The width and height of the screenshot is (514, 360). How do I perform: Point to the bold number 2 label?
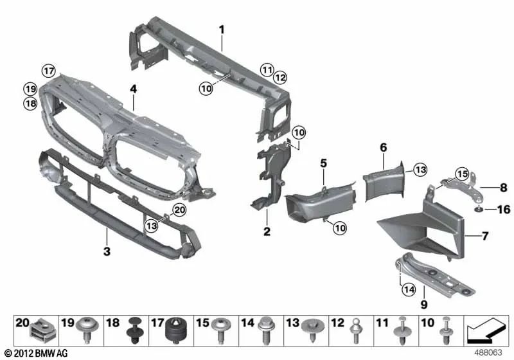(x=265, y=230)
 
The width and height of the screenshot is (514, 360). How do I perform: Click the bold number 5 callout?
(x=324, y=163)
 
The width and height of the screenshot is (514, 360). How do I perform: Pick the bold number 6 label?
(x=383, y=147)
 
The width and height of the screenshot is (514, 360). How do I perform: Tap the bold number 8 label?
(x=503, y=188)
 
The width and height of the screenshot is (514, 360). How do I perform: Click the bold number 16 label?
(x=502, y=210)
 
